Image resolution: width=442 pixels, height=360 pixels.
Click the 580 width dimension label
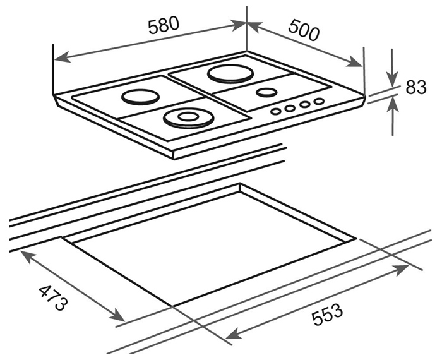pos(164,25)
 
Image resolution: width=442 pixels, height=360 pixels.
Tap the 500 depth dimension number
pos(304,29)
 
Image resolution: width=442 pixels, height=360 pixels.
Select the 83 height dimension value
pos(415,87)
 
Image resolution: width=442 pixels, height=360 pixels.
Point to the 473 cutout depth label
pos(53,298)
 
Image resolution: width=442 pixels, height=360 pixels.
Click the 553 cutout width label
pos(327,314)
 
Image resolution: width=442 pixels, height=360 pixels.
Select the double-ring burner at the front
pos(188,118)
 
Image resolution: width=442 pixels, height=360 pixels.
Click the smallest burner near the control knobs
pos(266,92)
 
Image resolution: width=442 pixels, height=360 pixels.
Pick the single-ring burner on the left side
pos(140,97)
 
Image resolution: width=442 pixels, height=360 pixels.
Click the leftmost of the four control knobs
pos(275,111)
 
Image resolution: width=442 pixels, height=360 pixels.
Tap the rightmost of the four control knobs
pos(319,101)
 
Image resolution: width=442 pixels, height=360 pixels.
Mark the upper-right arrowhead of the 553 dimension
pos(400,270)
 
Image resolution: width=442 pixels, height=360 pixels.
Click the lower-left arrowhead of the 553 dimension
pos(234,333)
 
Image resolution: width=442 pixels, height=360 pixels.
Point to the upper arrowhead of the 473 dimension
pos(28,256)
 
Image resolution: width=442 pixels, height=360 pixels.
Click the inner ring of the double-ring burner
pos(188,116)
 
